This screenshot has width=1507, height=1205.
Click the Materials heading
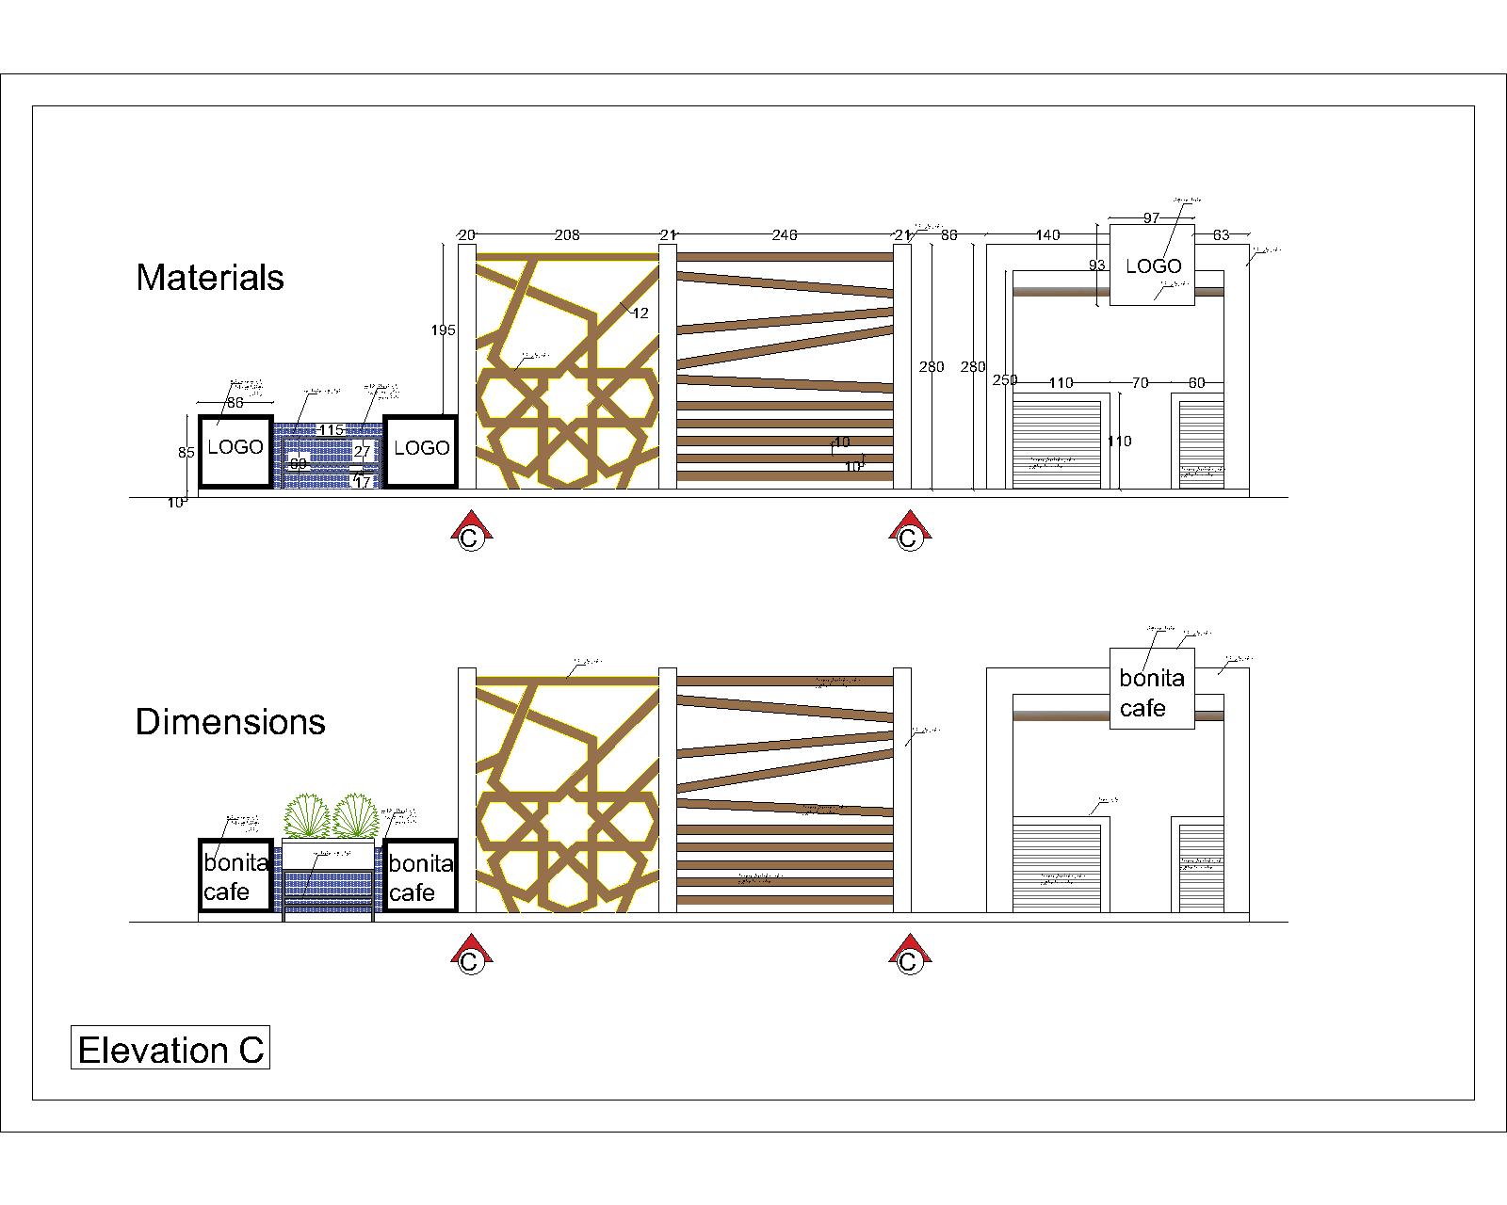[x=210, y=278]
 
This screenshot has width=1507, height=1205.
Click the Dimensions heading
[x=231, y=722]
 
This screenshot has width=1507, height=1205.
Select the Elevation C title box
[x=170, y=1050]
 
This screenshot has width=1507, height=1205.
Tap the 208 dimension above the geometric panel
[x=567, y=235]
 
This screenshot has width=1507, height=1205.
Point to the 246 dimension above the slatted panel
[x=784, y=235]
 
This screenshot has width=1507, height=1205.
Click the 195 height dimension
[x=444, y=330]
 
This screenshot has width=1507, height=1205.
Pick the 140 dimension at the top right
[x=1046, y=235]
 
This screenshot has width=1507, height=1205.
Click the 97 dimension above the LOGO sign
[x=1151, y=218]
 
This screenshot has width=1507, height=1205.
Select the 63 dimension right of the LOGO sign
[x=1221, y=235]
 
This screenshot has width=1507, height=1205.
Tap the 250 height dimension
[x=1005, y=380]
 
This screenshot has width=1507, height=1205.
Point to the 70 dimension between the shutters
[x=1140, y=383]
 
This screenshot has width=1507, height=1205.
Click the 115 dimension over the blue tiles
[x=331, y=430]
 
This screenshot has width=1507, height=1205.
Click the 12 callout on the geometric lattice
[x=640, y=313]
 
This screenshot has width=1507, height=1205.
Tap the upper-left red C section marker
[x=470, y=532]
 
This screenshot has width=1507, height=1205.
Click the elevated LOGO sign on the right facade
[x=1152, y=265]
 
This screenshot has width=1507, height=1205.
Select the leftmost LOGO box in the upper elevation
[x=235, y=451]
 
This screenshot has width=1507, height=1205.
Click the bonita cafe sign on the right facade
[x=1152, y=689]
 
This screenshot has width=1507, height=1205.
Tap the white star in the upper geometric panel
[x=566, y=390]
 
